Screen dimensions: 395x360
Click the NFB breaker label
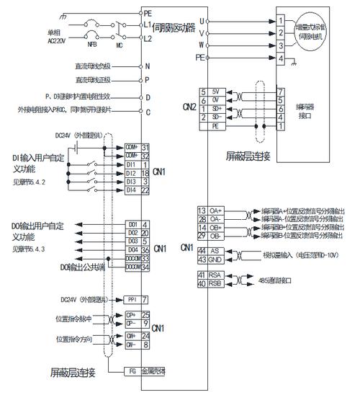click(93, 43)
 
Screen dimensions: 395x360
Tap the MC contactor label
click(118, 43)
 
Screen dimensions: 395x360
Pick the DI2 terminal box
click(132, 173)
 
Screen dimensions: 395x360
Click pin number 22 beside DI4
click(145, 190)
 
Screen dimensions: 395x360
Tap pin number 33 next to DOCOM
click(145, 258)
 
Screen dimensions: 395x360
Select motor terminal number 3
click(280, 45)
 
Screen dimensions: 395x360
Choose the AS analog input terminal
click(215, 250)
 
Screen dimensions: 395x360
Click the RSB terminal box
click(215, 283)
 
